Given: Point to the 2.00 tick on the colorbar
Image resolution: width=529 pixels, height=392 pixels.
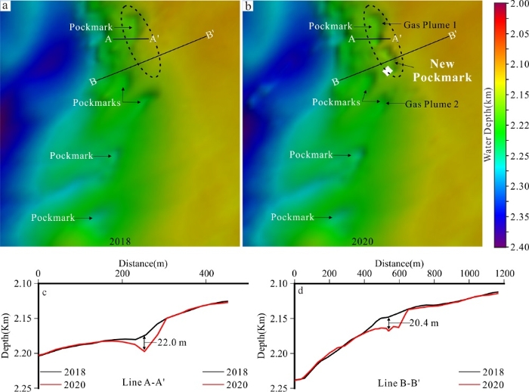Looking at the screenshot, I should [515, 5].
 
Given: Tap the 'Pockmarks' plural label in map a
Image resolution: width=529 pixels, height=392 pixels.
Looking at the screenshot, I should [97, 101].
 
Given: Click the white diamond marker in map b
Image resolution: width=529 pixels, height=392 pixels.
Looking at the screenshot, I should [388, 70].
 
